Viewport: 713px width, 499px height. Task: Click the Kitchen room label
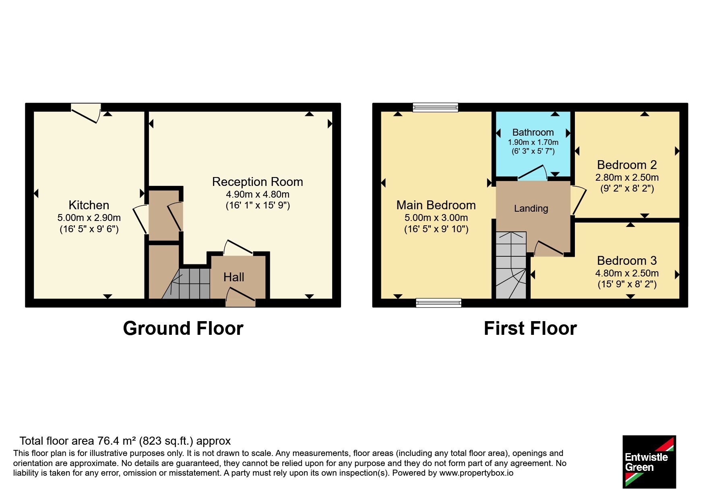tap(89, 205)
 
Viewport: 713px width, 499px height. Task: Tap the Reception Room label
tap(258, 182)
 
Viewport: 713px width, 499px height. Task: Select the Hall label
tap(234, 277)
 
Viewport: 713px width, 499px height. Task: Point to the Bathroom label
tap(533, 132)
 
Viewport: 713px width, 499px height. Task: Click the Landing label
tap(531, 208)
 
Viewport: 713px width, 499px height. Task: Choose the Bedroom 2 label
tap(627, 165)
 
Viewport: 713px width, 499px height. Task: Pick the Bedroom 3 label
tap(627, 261)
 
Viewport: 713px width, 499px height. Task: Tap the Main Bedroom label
tap(436, 205)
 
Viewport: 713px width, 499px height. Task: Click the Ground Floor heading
tap(183, 328)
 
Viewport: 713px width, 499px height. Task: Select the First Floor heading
tap(530, 328)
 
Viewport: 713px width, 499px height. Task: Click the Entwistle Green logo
tap(649, 462)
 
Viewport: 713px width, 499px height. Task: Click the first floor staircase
tap(511, 265)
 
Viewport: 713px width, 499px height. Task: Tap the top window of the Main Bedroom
tap(436, 107)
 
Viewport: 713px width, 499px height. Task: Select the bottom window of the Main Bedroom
tap(438, 303)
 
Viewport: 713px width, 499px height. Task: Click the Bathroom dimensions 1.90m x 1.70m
tap(533, 142)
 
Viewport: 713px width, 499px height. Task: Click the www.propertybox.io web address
tap(476, 473)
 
